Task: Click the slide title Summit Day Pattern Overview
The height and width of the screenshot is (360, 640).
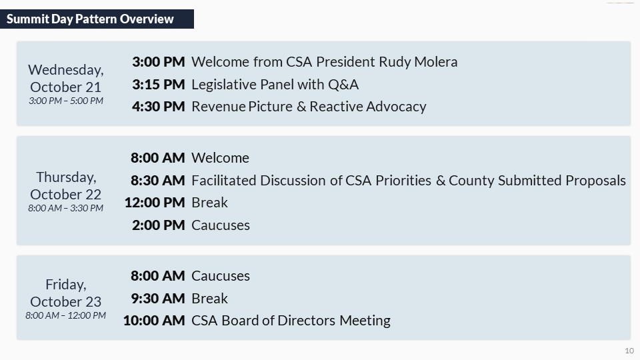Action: click(x=90, y=19)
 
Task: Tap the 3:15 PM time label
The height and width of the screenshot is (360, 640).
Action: click(x=159, y=85)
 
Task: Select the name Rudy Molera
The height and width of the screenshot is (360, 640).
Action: click(x=418, y=61)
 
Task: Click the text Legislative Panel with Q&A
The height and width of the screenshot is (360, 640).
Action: click(x=275, y=85)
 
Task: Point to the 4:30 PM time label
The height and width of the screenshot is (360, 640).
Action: click(x=159, y=107)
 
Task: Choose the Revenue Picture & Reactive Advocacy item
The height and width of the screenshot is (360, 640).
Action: click(x=309, y=107)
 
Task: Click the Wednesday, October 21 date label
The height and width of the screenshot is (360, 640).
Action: click(x=66, y=79)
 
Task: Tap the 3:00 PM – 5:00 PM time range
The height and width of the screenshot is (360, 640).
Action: click(x=66, y=101)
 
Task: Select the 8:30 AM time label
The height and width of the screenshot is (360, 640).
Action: click(x=157, y=181)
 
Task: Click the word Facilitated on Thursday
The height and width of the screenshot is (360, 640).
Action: click(x=224, y=181)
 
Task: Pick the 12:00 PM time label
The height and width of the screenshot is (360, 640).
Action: click(x=155, y=203)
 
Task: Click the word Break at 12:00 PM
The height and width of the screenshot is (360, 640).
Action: click(x=209, y=203)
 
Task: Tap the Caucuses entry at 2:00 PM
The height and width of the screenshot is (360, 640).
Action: click(x=221, y=225)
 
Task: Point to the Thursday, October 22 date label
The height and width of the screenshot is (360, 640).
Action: click(x=66, y=186)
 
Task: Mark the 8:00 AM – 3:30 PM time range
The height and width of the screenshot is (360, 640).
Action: click(x=66, y=208)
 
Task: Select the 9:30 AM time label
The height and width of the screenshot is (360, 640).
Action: click(x=158, y=299)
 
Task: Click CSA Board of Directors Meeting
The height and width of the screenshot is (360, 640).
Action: click(x=291, y=321)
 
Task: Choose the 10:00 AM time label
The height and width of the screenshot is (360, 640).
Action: click(x=154, y=321)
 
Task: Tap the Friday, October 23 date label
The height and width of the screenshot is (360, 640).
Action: click(x=66, y=293)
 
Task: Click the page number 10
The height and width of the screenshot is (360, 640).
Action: click(x=629, y=351)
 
